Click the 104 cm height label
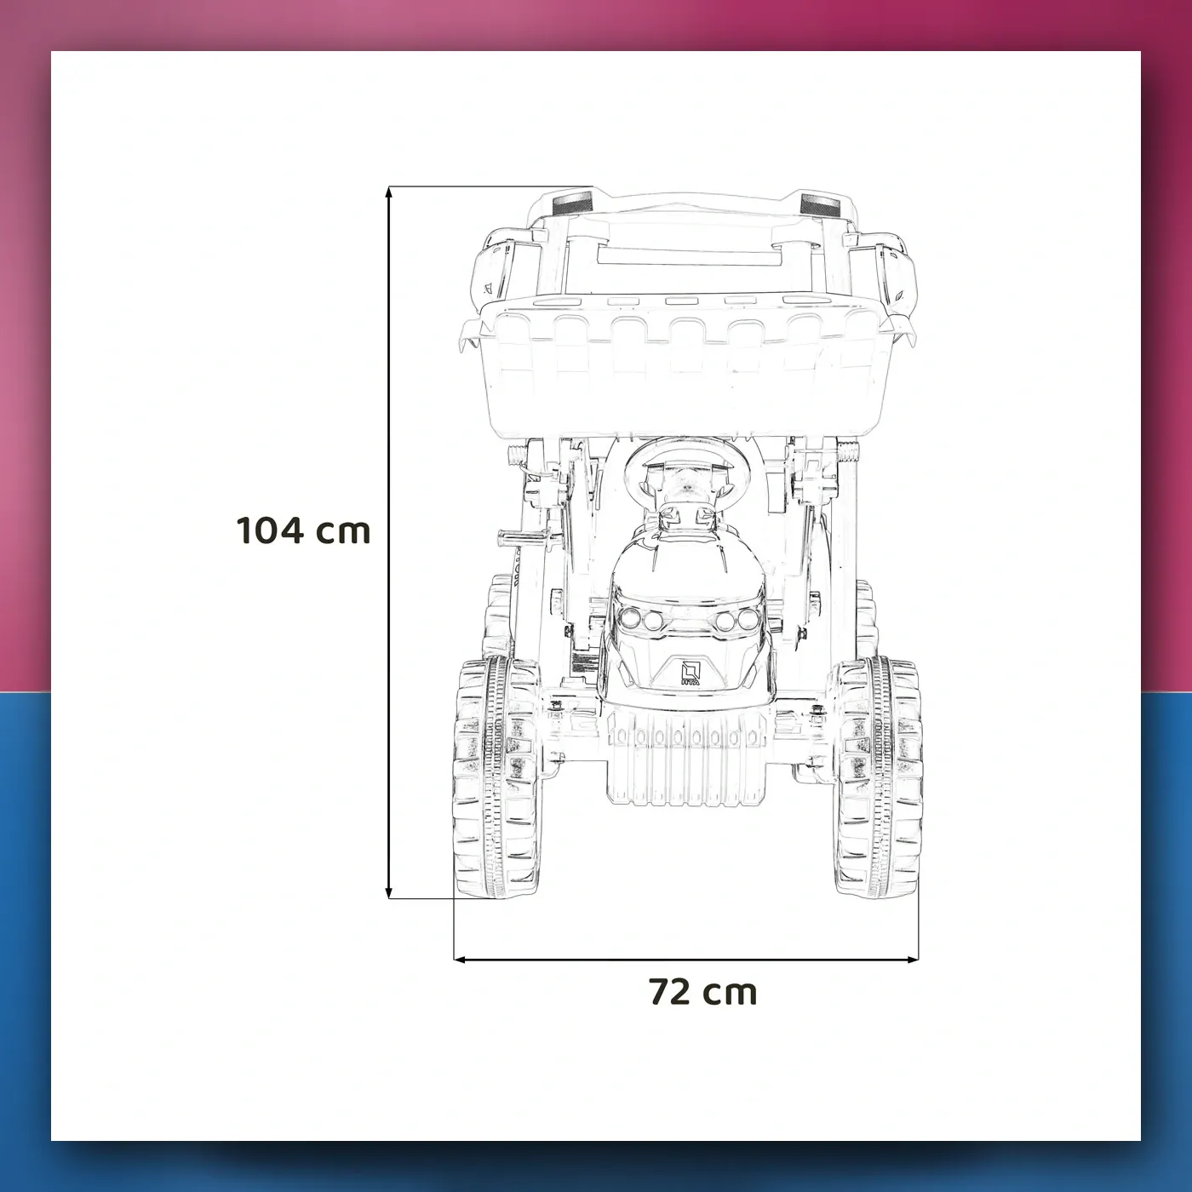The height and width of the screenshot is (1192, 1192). (x=303, y=530)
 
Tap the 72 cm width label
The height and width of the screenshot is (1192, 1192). (x=703, y=992)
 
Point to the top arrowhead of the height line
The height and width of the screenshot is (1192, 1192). (x=388, y=192)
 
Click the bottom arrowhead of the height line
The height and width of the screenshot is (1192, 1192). (x=388, y=892)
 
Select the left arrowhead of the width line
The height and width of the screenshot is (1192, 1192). (x=461, y=960)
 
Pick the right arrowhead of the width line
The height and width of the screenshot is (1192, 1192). (x=913, y=960)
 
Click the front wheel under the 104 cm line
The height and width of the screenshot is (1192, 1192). (x=496, y=777)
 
